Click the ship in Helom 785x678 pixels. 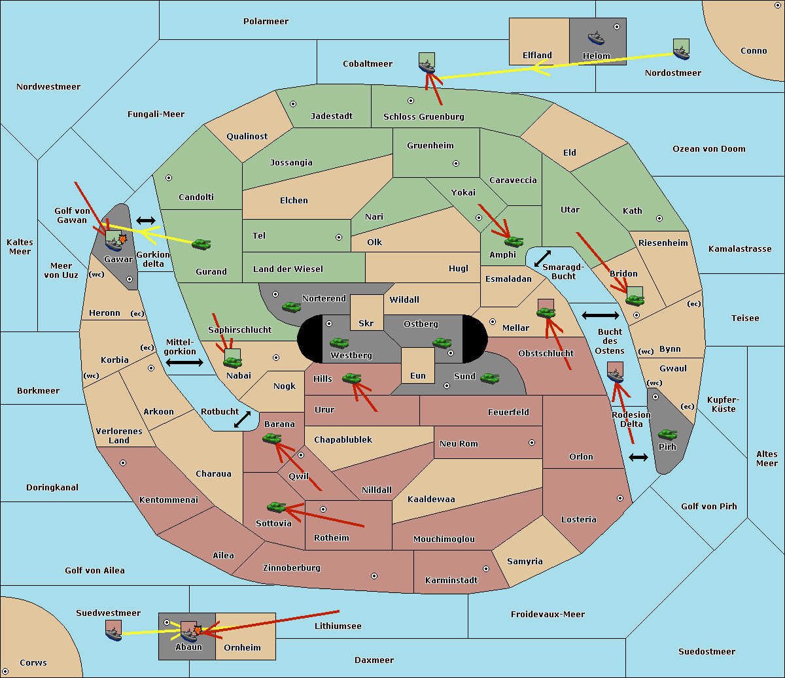596,38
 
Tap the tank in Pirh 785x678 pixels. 667,434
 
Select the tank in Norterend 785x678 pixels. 291,307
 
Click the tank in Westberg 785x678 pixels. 339,343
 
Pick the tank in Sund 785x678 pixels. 489,378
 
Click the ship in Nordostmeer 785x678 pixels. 682,53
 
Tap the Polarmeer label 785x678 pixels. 266,22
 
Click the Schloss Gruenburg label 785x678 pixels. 424,116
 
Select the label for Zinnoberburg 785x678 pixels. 292,568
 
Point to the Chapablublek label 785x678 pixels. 343,439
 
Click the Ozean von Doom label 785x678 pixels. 709,149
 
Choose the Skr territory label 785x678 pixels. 366,323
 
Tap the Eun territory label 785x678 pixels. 418,375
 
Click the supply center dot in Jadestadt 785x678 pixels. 293,104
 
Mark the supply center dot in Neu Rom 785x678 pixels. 532,443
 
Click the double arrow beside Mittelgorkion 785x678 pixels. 184,362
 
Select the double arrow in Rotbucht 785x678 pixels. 242,420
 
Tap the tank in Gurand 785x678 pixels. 201,244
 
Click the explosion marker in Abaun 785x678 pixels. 198,630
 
